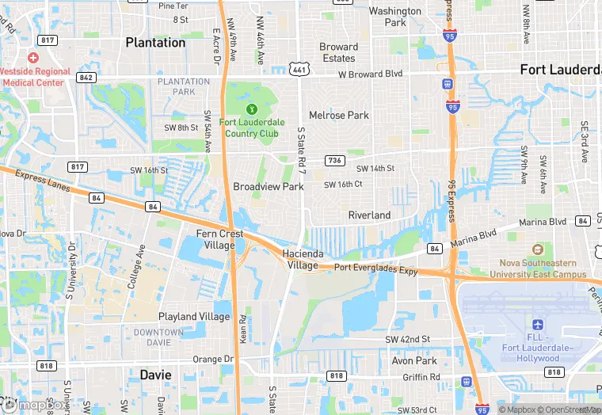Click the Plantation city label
tap(155, 43)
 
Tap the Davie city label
tap(156, 374)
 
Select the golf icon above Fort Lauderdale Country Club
tap(251, 109)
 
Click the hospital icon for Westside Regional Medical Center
tap(32, 58)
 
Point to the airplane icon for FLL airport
tap(538, 326)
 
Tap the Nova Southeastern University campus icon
tap(538, 249)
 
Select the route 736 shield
tap(334, 160)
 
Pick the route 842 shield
tap(87, 77)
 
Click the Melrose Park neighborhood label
tap(339, 115)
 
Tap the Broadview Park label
tap(269, 187)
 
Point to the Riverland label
tap(369, 215)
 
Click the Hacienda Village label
tap(301, 259)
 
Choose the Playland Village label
tap(194, 316)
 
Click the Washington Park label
tap(394, 17)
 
